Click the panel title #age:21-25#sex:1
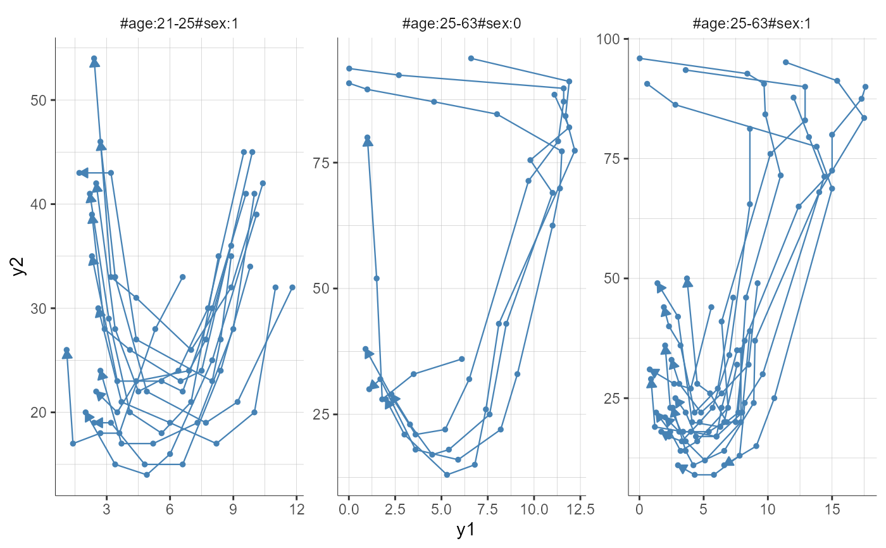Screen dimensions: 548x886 click(x=179, y=25)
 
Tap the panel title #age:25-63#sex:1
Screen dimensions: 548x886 click(x=753, y=25)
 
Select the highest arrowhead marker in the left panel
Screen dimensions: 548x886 click(x=94, y=62)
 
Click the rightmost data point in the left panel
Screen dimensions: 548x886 click(x=292, y=287)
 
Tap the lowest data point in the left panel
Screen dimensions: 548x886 click(x=147, y=475)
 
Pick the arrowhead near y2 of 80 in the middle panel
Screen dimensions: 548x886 click(x=368, y=142)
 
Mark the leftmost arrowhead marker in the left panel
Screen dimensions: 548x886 click(x=67, y=354)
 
